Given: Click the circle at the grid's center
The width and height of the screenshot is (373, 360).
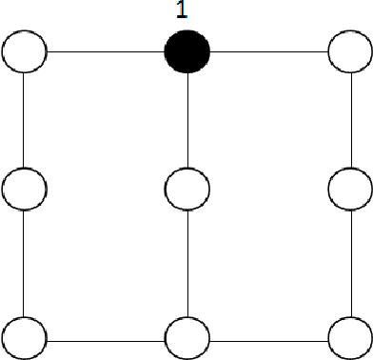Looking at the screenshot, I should pyautogui.click(x=187, y=189).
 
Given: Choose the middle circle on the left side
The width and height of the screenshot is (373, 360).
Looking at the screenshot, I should pyautogui.click(x=25, y=189).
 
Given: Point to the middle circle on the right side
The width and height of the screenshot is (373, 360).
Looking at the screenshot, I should pyautogui.click(x=348, y=189).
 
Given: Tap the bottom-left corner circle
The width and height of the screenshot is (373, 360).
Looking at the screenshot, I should pyautogui.click(x=25, y=336).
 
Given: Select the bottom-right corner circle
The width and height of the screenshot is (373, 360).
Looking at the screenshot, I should pyautogui.click(x=348, y=336).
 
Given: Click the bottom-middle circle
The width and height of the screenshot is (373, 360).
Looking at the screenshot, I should pyautogui.click(x=187, y=336).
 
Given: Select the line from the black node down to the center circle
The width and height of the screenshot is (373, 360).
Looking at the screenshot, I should pyautogui.click(x=187, y=119).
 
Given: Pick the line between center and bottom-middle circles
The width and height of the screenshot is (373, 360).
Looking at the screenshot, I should pyautogui.click(x=187, y=262).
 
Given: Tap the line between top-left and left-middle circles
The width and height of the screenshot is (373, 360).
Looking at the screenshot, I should pyautogui.click(x=25, y=119).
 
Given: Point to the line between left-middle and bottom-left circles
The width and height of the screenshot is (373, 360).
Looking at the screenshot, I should pyautogui.click(x=25, y=262).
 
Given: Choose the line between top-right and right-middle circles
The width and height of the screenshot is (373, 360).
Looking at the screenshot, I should pyautogui.click(x=348, y=119).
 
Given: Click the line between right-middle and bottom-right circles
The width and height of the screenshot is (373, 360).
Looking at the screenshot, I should pyautogui.click(x=348, y=262).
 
